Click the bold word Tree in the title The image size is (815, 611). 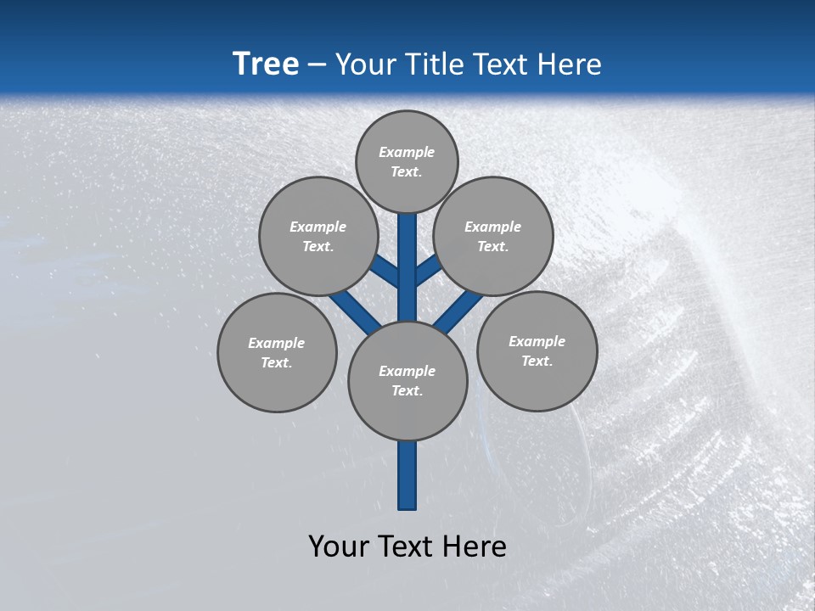click(266, 64)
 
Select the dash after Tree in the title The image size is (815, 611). click(318, 65)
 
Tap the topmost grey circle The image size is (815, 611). click(407, 161)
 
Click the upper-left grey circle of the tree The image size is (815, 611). click(318, 236)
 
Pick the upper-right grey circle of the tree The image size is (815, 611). click(493, 236)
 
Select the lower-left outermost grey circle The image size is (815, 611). click(277, 352)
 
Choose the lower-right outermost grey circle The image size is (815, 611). click(537, 350)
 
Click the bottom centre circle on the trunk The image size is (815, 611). click(407, 381)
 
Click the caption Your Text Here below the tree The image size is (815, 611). click(407, 547)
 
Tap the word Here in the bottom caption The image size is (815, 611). click(474, 547)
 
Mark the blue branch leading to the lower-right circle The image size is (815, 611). click(458, 311)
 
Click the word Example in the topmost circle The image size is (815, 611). click(407, 152)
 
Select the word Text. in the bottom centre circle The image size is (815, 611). click(407, 391)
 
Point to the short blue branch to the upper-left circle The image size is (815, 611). click(387, 272)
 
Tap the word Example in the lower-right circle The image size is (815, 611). click(537, 341)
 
